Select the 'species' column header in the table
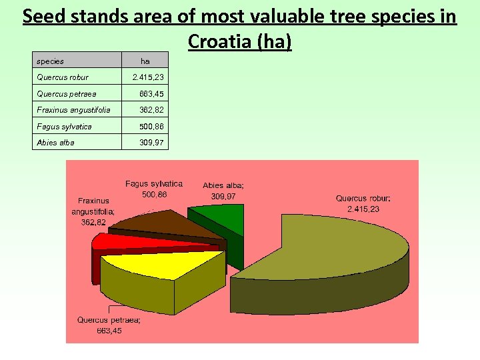(x=51, y=61)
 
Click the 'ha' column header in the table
(x=145, y=61)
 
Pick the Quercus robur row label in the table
(x=63, y=77)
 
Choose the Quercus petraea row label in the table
(x=67, y=94)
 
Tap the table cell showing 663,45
(x=151, y=94)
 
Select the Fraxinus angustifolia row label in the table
(x=74, y=110)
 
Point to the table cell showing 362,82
(x=151, y=110)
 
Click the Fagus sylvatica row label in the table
(x=65, y=127)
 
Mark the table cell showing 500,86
(x=151, y=127)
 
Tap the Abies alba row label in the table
(x=56, y=143)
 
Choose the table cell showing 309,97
(x=151, y=143)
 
